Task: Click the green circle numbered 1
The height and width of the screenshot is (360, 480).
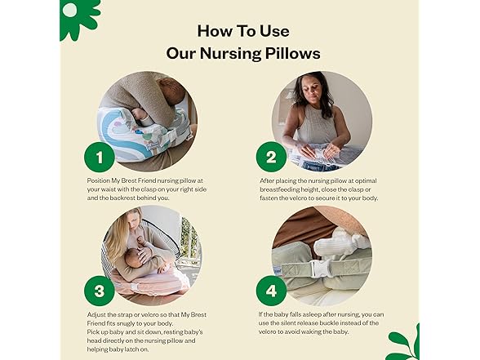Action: click(x=100, y=157)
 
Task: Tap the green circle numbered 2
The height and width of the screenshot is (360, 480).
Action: click(x=271, y=157)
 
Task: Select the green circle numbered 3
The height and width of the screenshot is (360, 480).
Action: click(x=100, y=291)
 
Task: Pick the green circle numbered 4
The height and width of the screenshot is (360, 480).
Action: click(x=271, y=291)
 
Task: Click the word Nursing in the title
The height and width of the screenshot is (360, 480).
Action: click(x=230, y=54)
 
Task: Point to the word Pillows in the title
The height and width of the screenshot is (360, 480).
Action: click(x=292, y=53)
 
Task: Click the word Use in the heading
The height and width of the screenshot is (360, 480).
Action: click(x=274, y=31)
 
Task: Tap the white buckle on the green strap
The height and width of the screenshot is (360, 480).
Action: click(x=320, y=269)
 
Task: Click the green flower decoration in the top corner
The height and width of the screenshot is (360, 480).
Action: click(x=79, y=18)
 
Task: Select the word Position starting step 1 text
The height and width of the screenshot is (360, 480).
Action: click(x=98, y=180)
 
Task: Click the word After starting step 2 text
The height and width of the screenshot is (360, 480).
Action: click(x=268, y=180)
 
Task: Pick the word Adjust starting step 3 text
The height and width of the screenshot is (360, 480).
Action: click(x=96, y=315)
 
